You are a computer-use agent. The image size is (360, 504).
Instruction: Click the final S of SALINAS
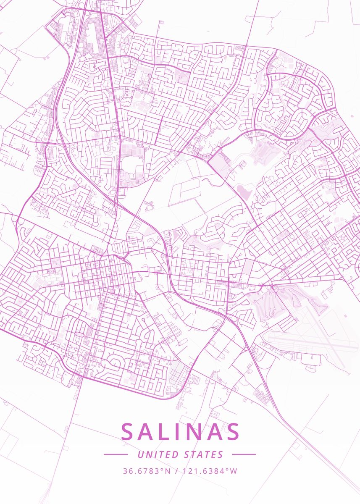point(232,432)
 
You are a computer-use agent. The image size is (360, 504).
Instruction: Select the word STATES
point(204,454)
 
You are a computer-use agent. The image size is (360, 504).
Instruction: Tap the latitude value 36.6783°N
point(147,471)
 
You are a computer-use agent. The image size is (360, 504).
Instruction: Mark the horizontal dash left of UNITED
point(116,454)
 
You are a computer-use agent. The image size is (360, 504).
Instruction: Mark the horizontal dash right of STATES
point(244,454)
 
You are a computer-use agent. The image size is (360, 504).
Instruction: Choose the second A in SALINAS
point(214,432)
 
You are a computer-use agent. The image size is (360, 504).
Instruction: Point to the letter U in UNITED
point(140,454)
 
